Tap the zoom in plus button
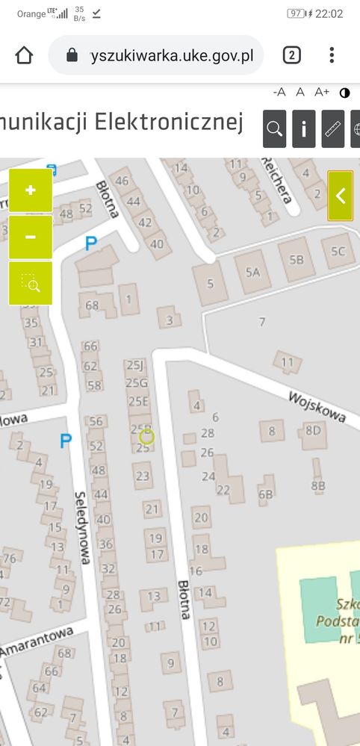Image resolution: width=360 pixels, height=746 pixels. (31, 190)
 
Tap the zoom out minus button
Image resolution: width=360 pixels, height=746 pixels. (31, 237)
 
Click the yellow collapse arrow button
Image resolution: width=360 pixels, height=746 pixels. (341, 196)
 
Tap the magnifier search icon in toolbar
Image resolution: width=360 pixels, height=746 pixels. (275, 129)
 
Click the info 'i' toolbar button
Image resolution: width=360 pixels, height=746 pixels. (303, 129)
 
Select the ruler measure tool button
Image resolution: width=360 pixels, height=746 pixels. (332, 129)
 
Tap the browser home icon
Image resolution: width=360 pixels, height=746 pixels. (25, 55)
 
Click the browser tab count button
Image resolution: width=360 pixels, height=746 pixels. (291, 55)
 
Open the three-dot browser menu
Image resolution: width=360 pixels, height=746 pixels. (332, 55)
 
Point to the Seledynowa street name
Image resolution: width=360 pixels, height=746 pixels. (83, 526)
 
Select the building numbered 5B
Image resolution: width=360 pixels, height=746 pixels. (297, 260)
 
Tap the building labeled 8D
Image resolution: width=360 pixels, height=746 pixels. (312, 430)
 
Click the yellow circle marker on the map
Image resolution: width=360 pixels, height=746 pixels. (146, 437)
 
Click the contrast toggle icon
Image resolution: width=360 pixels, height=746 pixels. (344, 93)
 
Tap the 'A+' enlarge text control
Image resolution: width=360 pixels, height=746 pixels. (322, 92)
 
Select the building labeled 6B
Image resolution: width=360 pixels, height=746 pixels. (266, 494)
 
